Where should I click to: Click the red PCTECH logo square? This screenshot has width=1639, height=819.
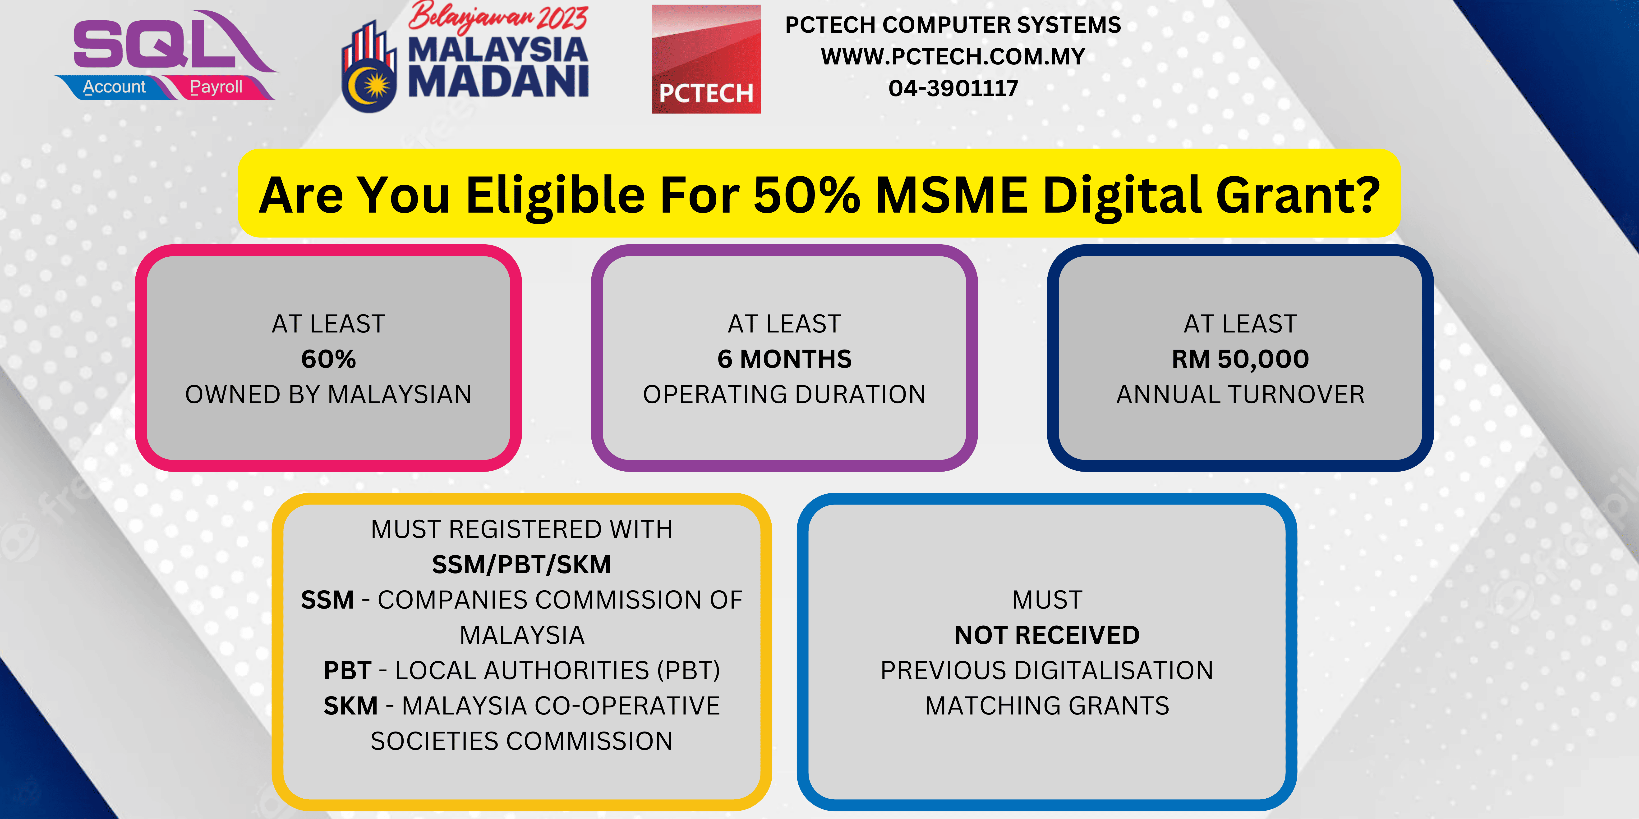(706, 59)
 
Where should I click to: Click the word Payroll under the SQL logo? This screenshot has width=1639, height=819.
(216, 87)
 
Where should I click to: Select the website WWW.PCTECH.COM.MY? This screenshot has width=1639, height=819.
(953, 57)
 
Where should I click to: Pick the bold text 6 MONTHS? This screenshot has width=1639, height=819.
(784, 359)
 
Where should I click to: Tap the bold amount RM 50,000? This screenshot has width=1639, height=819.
(1241, 359)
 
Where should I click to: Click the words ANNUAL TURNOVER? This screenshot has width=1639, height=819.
(1241, 394)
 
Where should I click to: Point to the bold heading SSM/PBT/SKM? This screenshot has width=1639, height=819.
(522, 565)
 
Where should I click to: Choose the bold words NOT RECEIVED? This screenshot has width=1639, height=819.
(1047, 635)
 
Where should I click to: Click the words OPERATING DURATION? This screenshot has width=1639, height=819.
(784, 394)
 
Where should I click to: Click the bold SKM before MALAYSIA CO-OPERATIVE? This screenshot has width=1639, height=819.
(350, 706)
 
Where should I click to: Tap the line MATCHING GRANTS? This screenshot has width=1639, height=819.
(1047, 706)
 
